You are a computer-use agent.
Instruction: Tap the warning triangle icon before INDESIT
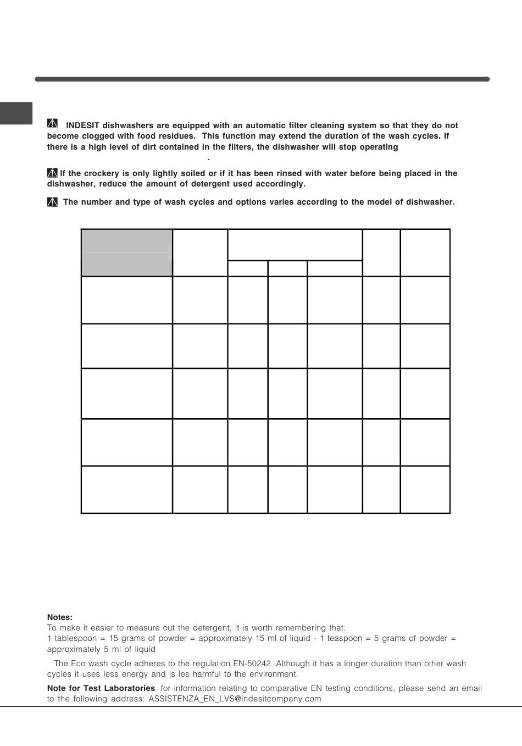52,124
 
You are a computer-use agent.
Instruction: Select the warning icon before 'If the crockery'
52,173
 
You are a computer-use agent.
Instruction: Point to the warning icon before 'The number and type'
52,201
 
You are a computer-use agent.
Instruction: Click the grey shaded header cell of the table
126,253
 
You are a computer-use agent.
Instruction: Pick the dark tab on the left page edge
16,113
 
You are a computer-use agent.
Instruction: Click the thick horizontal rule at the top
262,79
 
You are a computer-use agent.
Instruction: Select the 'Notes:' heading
60,617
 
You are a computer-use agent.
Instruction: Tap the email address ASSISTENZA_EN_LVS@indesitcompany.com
235,699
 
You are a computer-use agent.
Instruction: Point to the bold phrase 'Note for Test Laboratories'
101,688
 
